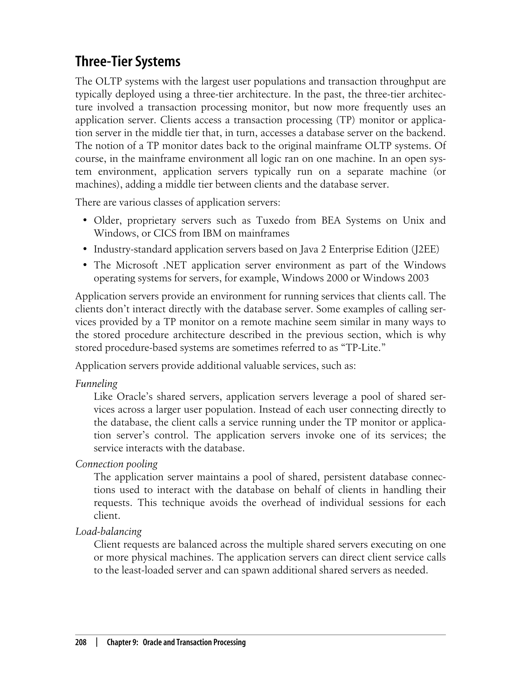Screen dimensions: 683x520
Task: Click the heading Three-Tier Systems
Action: (x=127, y=62)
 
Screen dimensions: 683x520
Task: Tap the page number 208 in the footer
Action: (x=81, y=642)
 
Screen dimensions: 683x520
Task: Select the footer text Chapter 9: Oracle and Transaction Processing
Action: (x=176, y=642)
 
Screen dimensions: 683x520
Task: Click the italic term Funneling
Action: (x=96, y=384)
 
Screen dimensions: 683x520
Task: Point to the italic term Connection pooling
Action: (x=116, y=464)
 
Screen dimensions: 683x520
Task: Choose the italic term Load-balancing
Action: (x=108, y=531)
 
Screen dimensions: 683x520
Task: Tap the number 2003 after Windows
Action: (x=418, y=278)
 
